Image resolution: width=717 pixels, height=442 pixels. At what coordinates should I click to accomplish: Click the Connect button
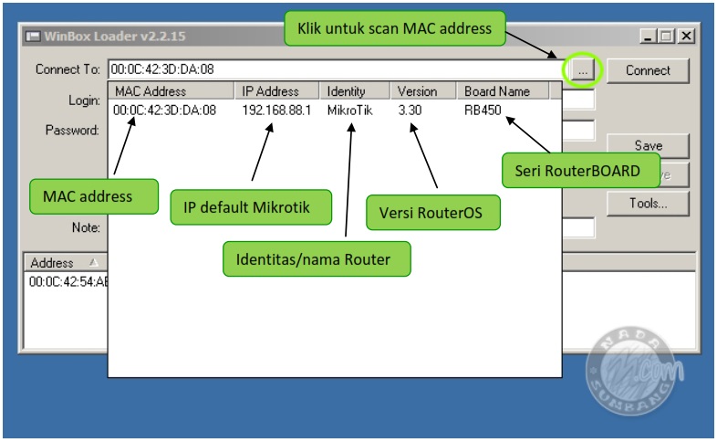[x=648, y=70]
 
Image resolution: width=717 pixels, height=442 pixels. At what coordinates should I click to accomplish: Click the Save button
[x=648, y=145]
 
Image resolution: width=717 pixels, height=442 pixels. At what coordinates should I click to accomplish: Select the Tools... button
[x=648, y=204]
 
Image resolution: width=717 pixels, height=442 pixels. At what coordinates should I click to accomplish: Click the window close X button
[x=686, y=37]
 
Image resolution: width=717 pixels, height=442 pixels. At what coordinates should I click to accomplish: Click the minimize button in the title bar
[x=649, y=37]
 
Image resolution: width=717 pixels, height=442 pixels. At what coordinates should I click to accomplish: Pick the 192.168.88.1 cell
[x=276, y=110]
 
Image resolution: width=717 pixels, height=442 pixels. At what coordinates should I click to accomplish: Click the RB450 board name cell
[x=483, y=110]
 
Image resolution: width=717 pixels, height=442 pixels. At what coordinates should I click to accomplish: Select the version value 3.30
[x=410, y=110]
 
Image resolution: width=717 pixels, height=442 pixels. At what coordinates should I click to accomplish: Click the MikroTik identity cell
[x=349, y=110]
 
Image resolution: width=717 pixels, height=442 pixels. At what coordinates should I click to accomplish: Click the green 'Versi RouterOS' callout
[x=433, y=212]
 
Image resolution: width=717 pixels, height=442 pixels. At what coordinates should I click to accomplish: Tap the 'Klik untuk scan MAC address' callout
[x=394, y=28]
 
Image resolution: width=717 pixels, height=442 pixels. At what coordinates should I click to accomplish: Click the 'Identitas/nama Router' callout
[x=317, y=259]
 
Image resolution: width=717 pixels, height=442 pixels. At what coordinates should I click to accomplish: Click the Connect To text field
[x=334, y=69]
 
